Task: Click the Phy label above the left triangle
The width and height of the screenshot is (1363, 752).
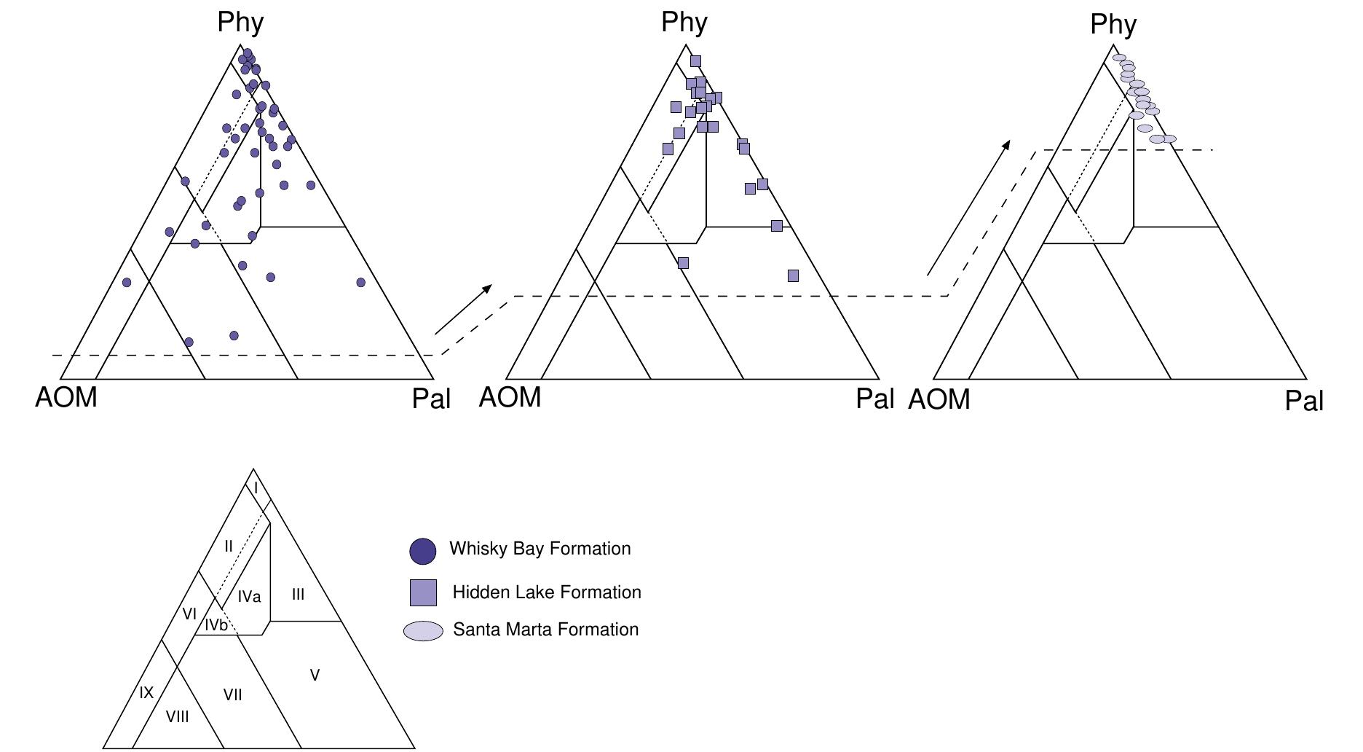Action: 240,23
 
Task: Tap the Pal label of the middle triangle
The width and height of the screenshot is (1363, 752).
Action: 874,399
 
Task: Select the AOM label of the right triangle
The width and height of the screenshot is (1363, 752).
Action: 939,399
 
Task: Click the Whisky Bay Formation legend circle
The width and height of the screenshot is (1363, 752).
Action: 423,551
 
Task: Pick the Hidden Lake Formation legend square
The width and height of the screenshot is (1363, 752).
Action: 423,592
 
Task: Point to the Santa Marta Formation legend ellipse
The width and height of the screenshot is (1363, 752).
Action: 423,631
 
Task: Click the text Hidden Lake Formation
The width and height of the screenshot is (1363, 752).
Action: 546,592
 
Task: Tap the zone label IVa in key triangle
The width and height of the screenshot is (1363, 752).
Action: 249,597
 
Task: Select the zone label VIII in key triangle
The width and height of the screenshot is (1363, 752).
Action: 177,717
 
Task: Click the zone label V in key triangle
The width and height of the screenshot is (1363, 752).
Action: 315,675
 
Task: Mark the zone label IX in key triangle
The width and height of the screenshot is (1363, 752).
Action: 146,692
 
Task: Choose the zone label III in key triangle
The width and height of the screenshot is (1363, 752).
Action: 298,595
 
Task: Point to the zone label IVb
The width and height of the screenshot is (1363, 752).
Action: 216,624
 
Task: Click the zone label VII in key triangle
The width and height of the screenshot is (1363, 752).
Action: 232,695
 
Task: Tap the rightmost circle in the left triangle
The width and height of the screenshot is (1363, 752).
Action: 360,282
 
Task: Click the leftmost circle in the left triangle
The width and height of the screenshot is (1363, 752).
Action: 127,282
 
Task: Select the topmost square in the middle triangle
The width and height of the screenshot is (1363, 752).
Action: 695,61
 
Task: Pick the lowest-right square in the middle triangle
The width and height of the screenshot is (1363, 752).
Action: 793,275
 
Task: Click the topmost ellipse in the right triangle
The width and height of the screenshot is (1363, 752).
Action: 1119,58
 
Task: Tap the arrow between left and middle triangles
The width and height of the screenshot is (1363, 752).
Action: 463,309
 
